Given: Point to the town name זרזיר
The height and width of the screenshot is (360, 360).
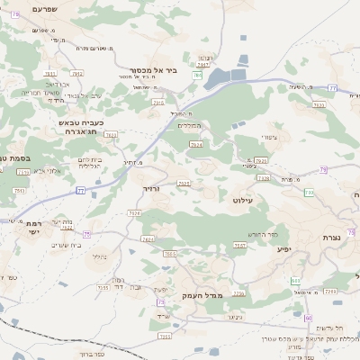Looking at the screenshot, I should (x=150, y=189).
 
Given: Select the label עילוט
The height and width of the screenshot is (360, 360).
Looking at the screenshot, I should (x=243, y=200).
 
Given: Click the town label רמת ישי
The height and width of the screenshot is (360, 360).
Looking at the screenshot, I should (x=34, y=227).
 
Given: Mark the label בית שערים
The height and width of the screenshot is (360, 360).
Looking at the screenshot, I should (x=67, y=244).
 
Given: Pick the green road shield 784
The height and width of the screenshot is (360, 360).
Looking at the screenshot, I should (x=197, y=76).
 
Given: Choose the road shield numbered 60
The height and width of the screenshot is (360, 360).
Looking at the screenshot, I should (x=308, y=318).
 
